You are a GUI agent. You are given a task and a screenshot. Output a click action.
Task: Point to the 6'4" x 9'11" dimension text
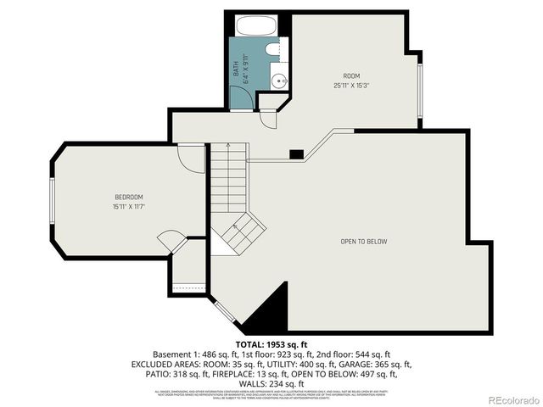[x=245, y=66]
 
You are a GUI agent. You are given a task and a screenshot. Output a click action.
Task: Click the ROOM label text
[x=351, y=75]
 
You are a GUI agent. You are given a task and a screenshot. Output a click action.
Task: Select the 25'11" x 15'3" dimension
[x=351, y=85]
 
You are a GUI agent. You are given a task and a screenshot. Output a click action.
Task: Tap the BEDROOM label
[x=128, y=197]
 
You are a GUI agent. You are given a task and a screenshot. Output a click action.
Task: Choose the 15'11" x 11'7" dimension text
[x=128, y=206]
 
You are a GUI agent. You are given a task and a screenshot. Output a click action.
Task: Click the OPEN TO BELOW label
[x=363, y=242]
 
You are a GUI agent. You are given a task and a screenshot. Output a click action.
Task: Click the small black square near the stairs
[x=296, y=154]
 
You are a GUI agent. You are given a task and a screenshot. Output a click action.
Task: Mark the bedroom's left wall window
[x=53, y=200]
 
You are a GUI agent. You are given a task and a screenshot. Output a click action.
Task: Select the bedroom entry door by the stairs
[x=193, y=159]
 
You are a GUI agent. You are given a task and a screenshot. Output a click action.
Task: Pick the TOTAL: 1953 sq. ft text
[x=271, y=344]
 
